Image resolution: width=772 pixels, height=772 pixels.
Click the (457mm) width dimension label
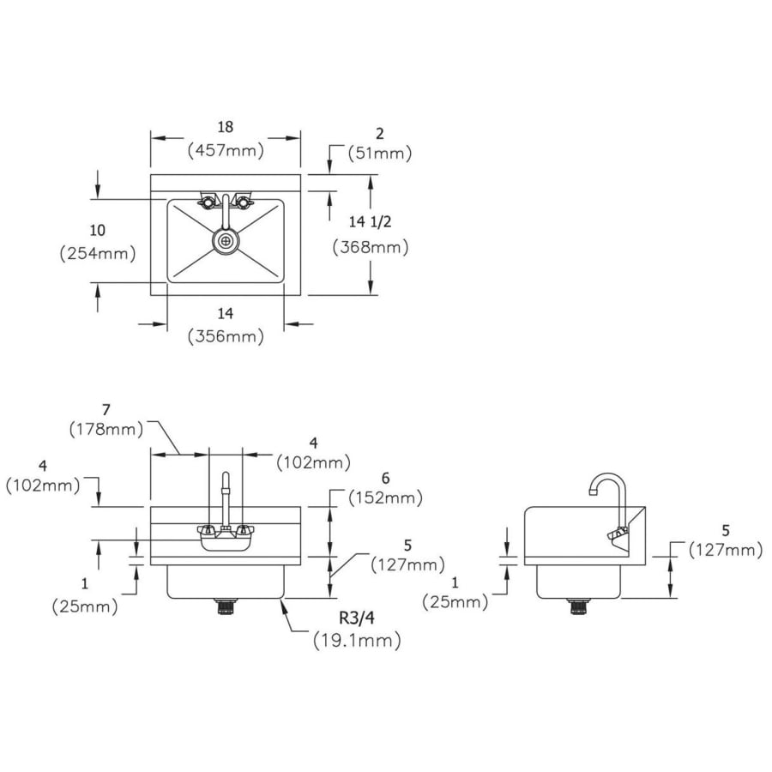tap(226, 150)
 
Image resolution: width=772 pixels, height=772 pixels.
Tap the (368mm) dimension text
tap(371, 247)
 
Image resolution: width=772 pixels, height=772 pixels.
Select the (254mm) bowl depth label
tap(98, 254)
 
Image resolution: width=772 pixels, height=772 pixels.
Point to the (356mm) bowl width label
tap(226, 336)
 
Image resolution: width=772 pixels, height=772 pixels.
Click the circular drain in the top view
tap(226, 241)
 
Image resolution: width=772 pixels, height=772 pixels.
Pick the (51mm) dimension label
tap(380, 154)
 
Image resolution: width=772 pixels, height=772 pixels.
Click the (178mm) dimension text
tap(106, 430)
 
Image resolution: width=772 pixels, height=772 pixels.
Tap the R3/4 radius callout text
tap(357, 618)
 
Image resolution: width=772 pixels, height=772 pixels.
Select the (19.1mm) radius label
tap(357, 641)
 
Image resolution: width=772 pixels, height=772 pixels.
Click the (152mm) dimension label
tap(385, 498)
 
